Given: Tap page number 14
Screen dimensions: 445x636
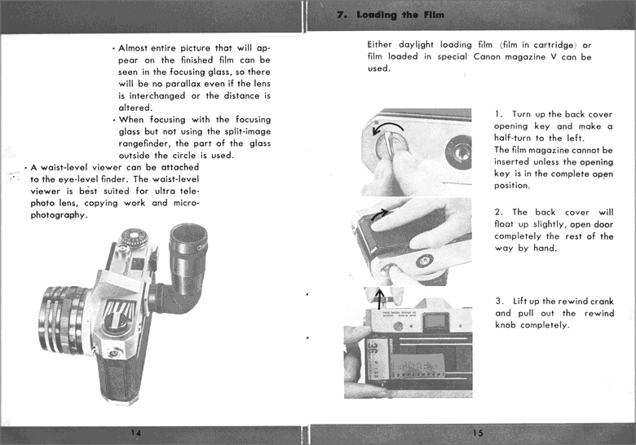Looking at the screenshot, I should click(135, 433).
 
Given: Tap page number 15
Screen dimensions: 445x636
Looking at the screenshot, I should click(478, 433).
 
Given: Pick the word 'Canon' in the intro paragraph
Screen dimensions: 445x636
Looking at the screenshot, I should click(488, 57).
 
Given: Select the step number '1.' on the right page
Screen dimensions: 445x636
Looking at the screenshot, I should click(499, 114).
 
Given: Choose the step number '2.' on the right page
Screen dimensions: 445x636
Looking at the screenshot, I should click(499, 213).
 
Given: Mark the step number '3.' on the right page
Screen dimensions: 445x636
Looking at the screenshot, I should click(499, 302).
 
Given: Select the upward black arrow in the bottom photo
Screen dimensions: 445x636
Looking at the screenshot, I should click(382, 295).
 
